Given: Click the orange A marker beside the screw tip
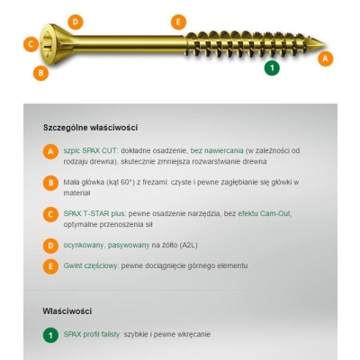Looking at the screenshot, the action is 326,58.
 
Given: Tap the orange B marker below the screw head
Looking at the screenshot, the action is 40,73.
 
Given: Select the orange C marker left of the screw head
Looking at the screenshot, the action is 31,44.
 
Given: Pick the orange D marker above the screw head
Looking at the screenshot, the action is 76,22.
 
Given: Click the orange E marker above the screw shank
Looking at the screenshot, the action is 178,22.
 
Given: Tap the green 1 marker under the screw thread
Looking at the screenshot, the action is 272,67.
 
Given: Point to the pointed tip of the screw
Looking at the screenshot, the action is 325,45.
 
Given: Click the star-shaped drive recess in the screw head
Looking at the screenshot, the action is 48,44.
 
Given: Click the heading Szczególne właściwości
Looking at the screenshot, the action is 91,128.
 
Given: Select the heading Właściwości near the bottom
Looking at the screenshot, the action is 67,311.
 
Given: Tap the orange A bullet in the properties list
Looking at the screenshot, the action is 50,152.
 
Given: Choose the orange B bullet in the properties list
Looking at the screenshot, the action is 50,183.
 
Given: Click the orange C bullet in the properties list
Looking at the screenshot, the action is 50,214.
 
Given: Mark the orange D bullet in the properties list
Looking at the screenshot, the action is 50,246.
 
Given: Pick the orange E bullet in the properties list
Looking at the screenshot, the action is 50,266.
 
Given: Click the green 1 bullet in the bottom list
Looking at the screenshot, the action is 50,335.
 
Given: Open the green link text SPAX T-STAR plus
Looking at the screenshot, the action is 94,214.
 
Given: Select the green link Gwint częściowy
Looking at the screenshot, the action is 90,266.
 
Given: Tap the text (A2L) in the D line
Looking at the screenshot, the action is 188,246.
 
